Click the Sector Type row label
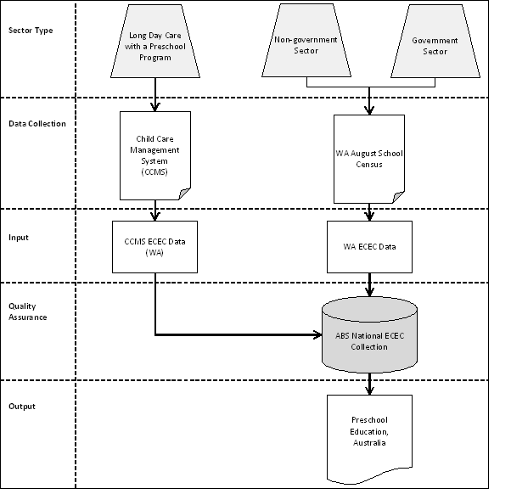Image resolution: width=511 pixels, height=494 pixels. point(30,31)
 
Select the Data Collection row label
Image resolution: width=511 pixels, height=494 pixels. point(37,124)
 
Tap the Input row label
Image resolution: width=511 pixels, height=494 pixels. point(19,238)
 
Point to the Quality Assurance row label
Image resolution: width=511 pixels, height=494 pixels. point(28,312)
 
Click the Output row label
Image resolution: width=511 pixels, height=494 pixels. point(22,407)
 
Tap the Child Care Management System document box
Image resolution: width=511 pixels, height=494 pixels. point(155,154)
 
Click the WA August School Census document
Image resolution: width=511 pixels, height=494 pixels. point(369,159)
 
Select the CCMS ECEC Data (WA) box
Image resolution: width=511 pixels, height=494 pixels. point(154,246)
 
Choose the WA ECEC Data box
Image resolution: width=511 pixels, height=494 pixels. point(369,247)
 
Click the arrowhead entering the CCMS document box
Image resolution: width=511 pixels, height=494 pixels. point(155,107)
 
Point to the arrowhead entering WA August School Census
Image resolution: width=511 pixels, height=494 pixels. point(369,110)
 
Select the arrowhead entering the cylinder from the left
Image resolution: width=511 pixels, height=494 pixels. point(317,334)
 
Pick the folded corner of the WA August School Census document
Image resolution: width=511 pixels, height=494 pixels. point(398,198)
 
